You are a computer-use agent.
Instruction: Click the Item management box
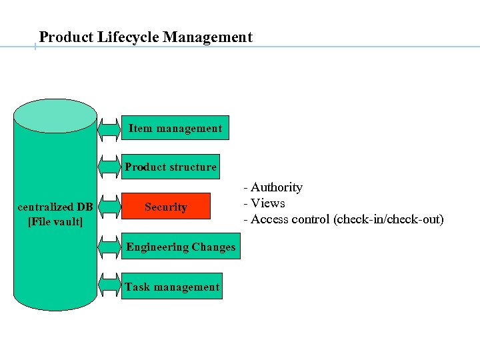(x=175, y=128)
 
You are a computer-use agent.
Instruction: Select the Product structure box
(x=171, y=167)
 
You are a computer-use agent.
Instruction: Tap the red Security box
(x=166, y=207)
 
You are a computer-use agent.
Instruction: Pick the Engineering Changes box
(x=181, y=247)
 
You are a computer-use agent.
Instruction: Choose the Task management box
(x=172, y=287)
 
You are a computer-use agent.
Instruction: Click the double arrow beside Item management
(x=109, y=128)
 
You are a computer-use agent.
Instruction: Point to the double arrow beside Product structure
(x=109, y=167)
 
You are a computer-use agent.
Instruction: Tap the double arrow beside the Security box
(x=109, y=207)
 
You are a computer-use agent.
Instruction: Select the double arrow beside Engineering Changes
(x=109, y=247)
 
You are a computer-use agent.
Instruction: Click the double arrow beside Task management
(x=109, y=285)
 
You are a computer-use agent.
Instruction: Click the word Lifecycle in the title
(x=126, y=37)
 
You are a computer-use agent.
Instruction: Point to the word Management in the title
(x=207, y=37)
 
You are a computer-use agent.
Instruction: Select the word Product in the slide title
(x=64, y=37)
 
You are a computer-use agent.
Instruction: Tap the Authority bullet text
(x=276, y=188)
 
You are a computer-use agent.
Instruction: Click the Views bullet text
(x=267, y=203)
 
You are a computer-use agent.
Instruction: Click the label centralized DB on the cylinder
(x=55, y=207)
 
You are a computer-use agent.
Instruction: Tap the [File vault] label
(x=55, y=221)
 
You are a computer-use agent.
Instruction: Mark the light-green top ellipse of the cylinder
(x=55, y=116)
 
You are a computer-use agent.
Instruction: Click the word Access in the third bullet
(x=271, y=219)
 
